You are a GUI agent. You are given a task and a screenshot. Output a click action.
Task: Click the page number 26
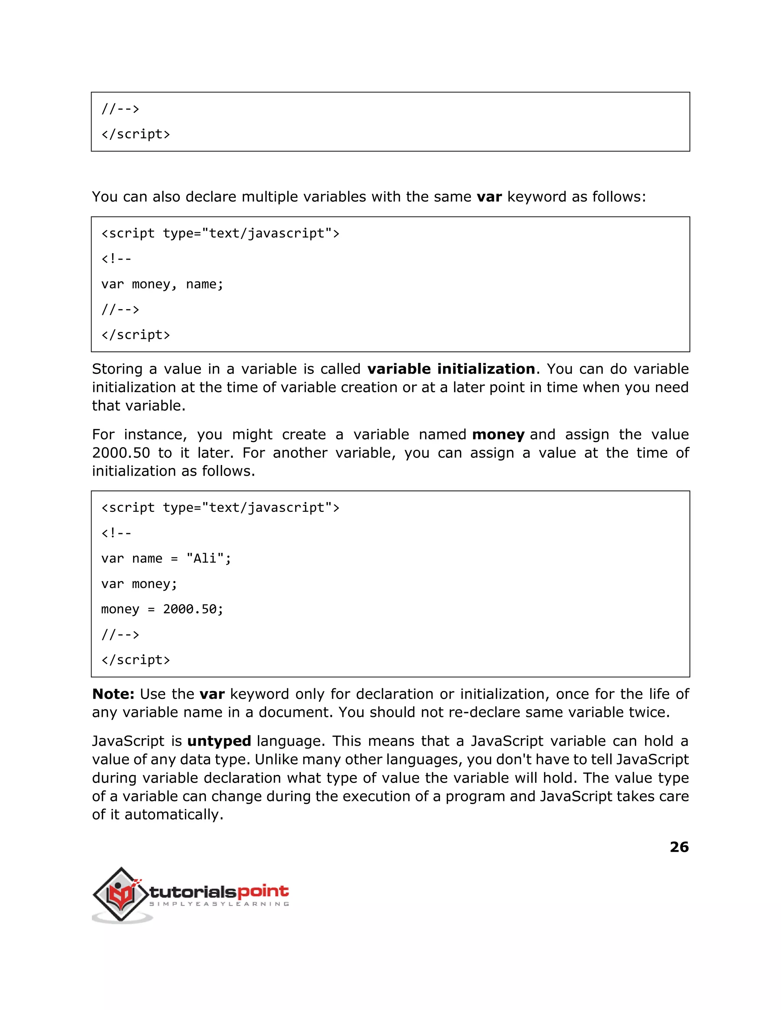coord(679,847)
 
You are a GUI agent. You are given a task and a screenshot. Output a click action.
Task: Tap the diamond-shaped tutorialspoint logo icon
coord(121,895)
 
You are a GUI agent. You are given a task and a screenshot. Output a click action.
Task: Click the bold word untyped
coord(219,741)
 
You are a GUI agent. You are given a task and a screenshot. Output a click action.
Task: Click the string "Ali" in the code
coord(205,558)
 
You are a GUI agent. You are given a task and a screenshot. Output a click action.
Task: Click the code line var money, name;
coord(162,284)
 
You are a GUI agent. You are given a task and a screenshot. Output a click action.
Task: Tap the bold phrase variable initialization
coord(451,369)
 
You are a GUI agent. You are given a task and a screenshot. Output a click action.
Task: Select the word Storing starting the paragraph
coord(117,369)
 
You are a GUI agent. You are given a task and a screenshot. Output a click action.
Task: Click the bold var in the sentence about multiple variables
coord(489,197)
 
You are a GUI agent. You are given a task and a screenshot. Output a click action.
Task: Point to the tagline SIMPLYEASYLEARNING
coord(219,904)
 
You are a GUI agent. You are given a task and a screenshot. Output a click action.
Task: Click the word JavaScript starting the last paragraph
coord(128,741)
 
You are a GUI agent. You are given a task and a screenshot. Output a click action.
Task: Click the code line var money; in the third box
coord(139,584)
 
